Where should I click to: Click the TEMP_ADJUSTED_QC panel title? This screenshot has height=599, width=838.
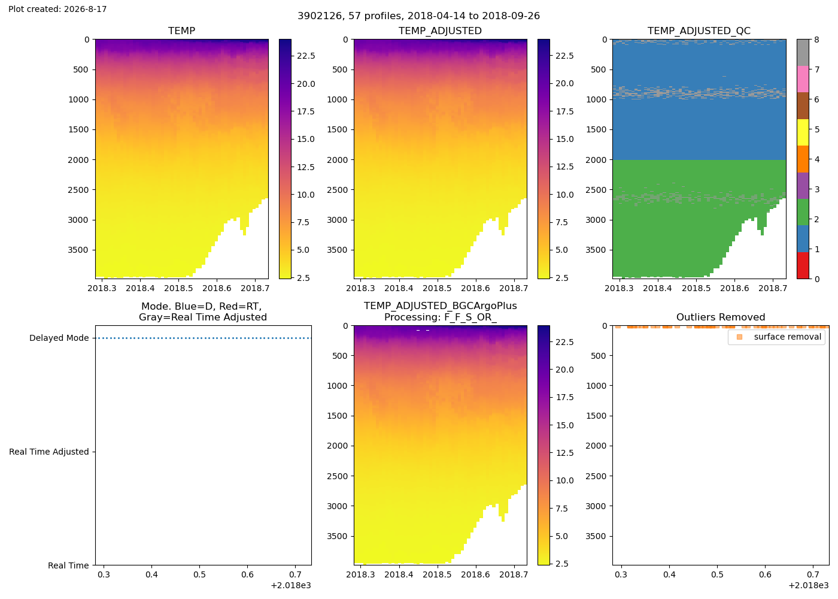tap(699, 31)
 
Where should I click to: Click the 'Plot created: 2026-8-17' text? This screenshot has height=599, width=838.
tap(57, 9)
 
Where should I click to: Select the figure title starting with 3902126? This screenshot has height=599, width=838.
tap(418, 16)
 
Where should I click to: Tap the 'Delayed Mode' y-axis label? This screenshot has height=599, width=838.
tap(59, 338)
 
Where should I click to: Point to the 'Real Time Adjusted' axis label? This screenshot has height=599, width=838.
tap(49, 452)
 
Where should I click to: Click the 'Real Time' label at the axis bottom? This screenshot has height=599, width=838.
tap(68, 565)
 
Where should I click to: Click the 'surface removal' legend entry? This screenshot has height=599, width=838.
tap(787, 337)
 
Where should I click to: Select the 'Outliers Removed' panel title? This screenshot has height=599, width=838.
tap(721, 317)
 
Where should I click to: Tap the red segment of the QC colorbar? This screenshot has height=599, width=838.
tap(803, 265)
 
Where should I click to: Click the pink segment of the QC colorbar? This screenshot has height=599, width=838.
tap(803, 79)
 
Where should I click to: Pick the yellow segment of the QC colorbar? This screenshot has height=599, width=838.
tap(803, 132)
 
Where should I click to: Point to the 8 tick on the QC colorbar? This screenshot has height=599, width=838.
tap(816, 40)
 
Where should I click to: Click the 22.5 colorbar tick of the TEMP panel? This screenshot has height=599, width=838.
tap(306, 56)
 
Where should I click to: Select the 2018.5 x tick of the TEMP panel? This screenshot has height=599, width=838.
tap(178, 288)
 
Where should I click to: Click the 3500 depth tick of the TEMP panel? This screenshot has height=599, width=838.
tap(78, 250)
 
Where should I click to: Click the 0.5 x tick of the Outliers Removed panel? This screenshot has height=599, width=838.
tap(718, 574)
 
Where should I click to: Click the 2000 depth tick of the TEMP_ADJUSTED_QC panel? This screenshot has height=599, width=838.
tap(595, 160)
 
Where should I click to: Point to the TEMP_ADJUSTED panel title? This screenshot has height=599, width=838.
tap(440, 31)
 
